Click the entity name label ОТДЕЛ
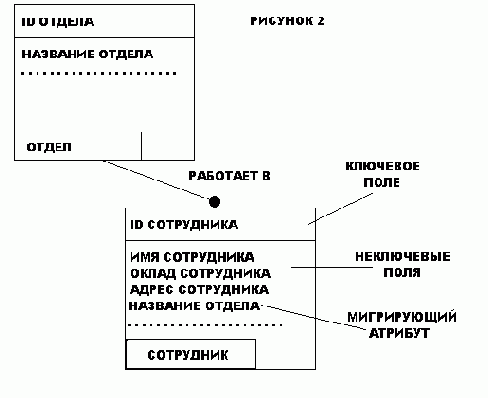pos(49,147)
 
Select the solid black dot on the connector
pos(214,202)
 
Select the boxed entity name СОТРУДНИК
pos(188,354)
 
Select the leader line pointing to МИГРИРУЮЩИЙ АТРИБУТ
pos(305,317)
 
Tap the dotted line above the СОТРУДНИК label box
pos(206,325)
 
